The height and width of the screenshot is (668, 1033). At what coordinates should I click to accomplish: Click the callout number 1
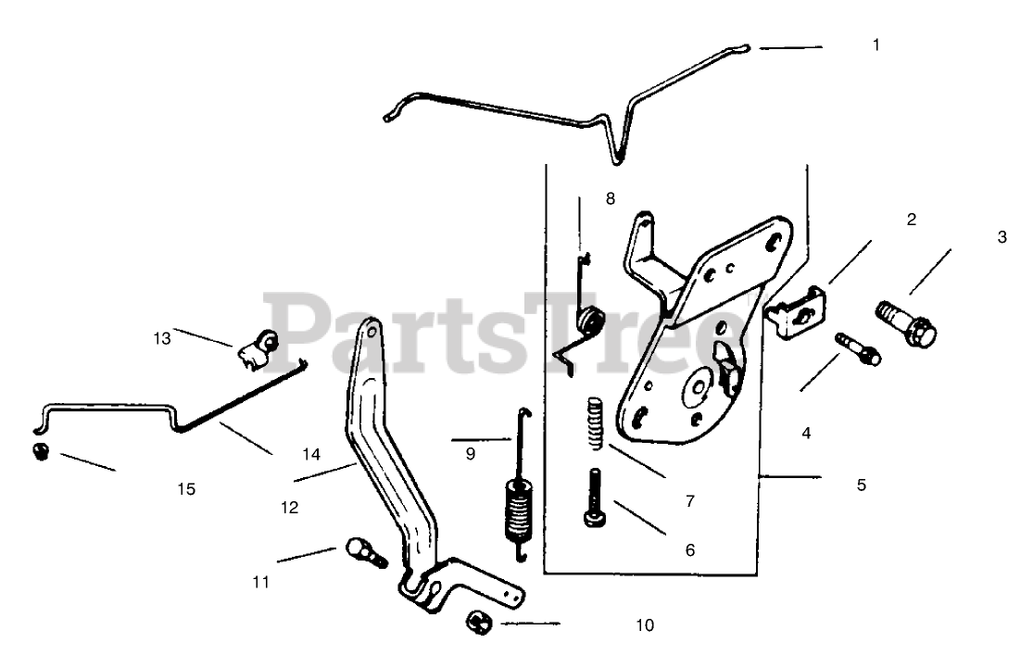tap(876, 44)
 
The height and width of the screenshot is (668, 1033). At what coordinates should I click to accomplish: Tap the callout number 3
tap(1002, 236)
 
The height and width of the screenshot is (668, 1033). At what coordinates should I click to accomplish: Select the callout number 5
tap(862, 484)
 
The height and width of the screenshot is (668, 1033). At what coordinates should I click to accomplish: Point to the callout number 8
tap(610, 198)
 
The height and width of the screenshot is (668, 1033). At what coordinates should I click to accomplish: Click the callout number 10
tap(645, 625)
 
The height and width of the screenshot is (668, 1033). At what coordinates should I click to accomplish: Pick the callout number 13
tap(163, 338)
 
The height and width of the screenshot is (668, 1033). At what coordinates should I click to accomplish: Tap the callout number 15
tap(186, 488)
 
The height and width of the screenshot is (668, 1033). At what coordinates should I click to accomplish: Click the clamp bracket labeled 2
tap(798, 310)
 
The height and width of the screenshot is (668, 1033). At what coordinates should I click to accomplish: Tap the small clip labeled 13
tap(257, 348)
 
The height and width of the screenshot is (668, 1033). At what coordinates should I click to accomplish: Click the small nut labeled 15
tap(41, 453)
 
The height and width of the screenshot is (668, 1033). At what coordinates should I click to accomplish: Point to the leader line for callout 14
tap(247, 439)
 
